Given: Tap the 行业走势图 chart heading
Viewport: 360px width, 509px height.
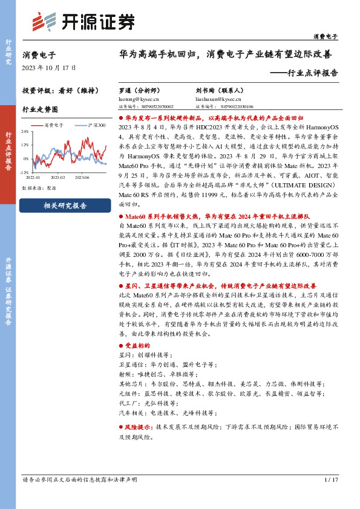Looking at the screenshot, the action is click(40, 109).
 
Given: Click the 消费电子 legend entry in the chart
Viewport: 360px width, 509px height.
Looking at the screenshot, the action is click(54, 125).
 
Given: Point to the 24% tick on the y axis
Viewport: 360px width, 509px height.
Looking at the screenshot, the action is click(25, 131).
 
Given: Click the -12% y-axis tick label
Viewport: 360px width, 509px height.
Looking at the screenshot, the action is click(24, 172).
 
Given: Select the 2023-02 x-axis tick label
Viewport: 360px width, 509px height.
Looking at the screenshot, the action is click(58, 178).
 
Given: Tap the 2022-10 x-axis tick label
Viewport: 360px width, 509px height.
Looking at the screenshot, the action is click(33, 178).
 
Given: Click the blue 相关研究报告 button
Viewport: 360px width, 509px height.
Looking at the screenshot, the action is click(65, 206).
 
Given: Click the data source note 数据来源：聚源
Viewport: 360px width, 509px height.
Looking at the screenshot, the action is click(39, 188).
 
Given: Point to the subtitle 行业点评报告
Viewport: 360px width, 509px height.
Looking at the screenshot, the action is click(309, 73).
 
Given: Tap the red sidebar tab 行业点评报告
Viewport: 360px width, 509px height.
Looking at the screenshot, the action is click(8, 151).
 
